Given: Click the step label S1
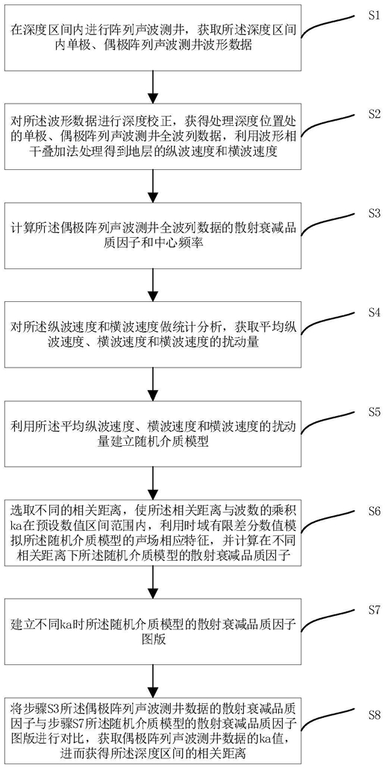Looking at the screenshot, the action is coord(375,15).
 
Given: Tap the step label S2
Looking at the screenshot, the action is coord(375,114).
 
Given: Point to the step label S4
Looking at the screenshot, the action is coord(375,313).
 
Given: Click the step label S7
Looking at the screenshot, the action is coord(375,611).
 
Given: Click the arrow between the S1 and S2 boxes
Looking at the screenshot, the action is coord(154,86).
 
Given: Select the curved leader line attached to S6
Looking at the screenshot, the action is coord(330,521).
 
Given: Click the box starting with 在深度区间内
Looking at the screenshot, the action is coord(154,38).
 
